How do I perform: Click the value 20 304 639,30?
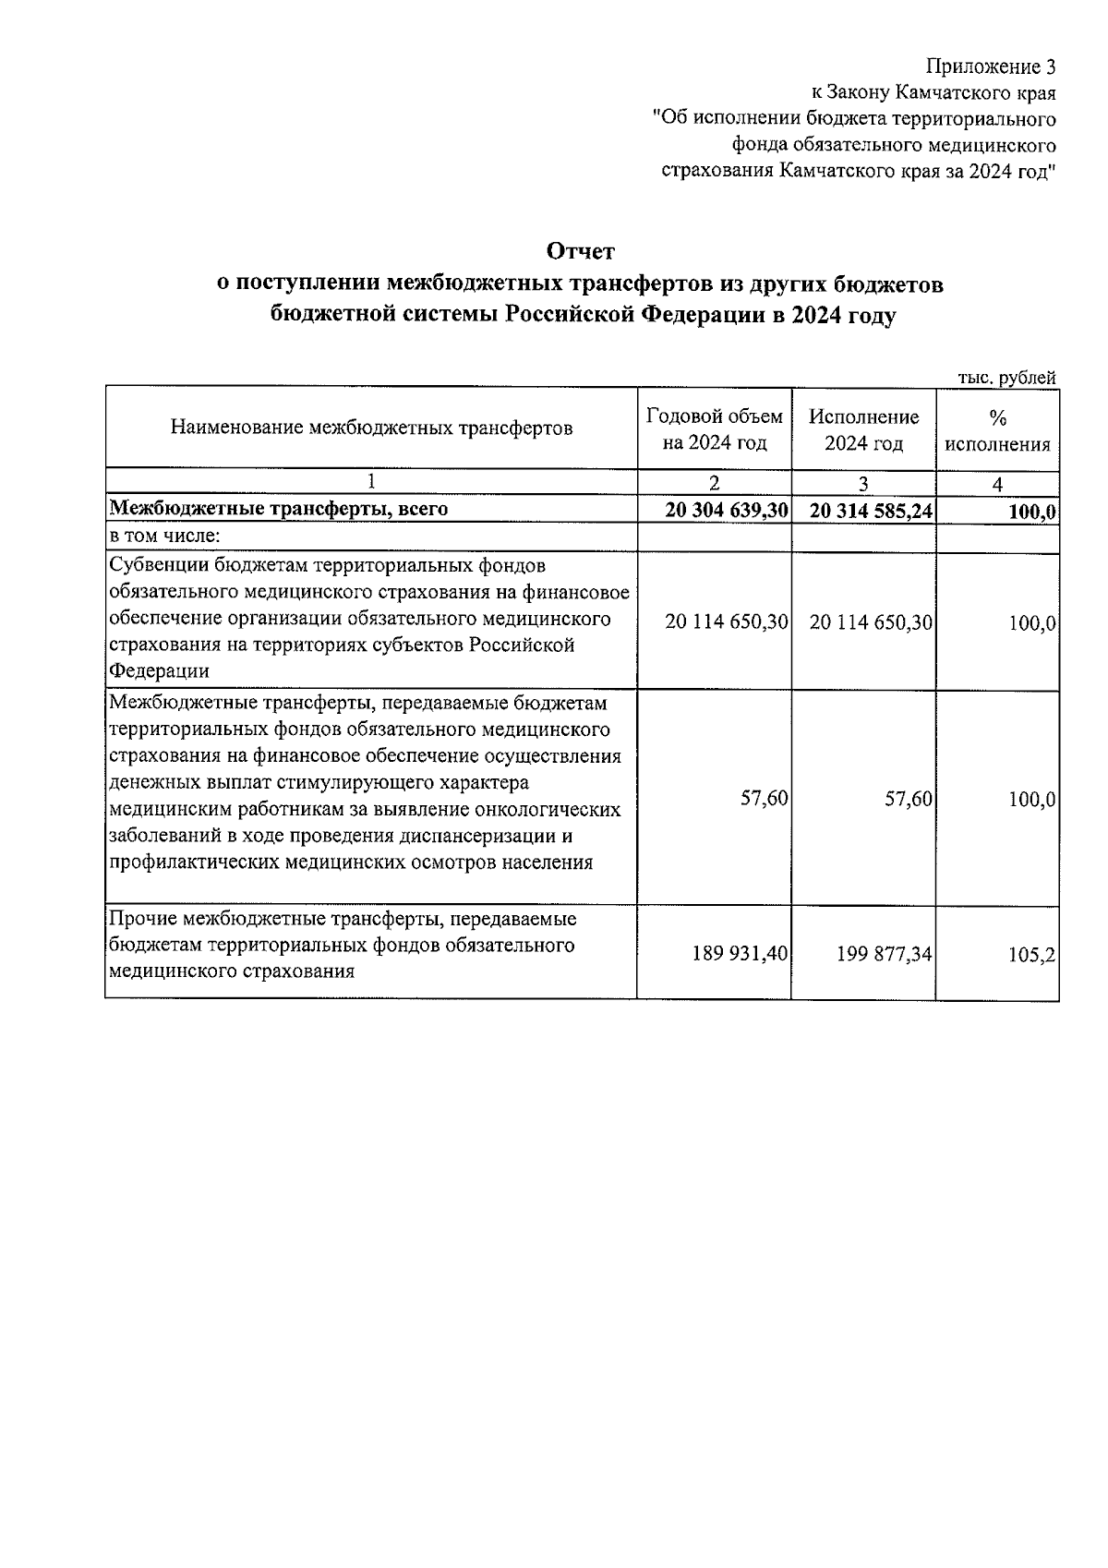[726, 510]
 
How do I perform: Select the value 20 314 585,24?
[871, 510]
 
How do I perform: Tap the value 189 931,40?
[740, 953]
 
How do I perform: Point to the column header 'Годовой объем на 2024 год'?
[715, 429]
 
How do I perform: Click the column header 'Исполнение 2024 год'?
[863, 429]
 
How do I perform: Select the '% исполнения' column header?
[997, 430]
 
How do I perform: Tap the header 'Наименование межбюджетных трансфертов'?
[371, 428]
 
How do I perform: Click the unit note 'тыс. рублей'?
[1006, 377]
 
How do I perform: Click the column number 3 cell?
[863, 483]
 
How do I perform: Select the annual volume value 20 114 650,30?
[726, 622]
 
